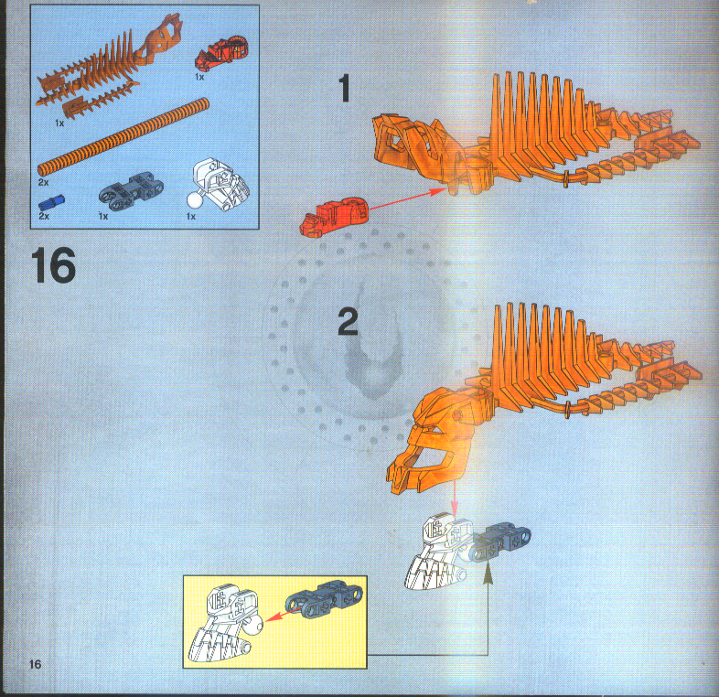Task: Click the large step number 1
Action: point(345,89)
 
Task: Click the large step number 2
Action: point(349,322)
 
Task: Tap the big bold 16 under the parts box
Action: point(53,267)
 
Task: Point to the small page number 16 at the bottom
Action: point(36,662)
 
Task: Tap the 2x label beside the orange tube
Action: point(44,183)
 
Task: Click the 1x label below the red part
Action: point(199,78)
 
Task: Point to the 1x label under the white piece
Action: point(190,218)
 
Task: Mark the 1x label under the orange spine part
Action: point(59,122)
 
